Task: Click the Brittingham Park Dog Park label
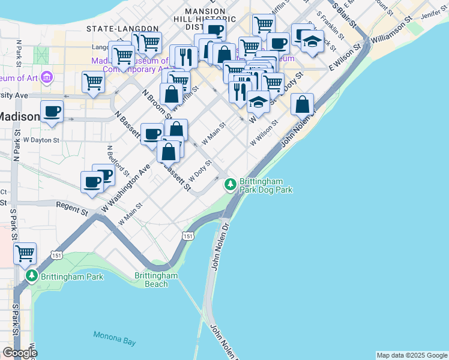coord(265,185)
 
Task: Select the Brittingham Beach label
coord(156,280)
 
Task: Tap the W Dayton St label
coord(41,140)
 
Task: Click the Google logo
coord(19,353)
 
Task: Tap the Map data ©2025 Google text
coord(412,355)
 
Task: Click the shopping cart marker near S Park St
coord(25,253)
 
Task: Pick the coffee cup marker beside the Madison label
coord(52,111)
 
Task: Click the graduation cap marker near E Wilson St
coord(312,41)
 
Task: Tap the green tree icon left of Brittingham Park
coord(32,277)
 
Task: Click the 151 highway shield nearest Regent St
coord(56,255)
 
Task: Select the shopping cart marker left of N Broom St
coord(93,82)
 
